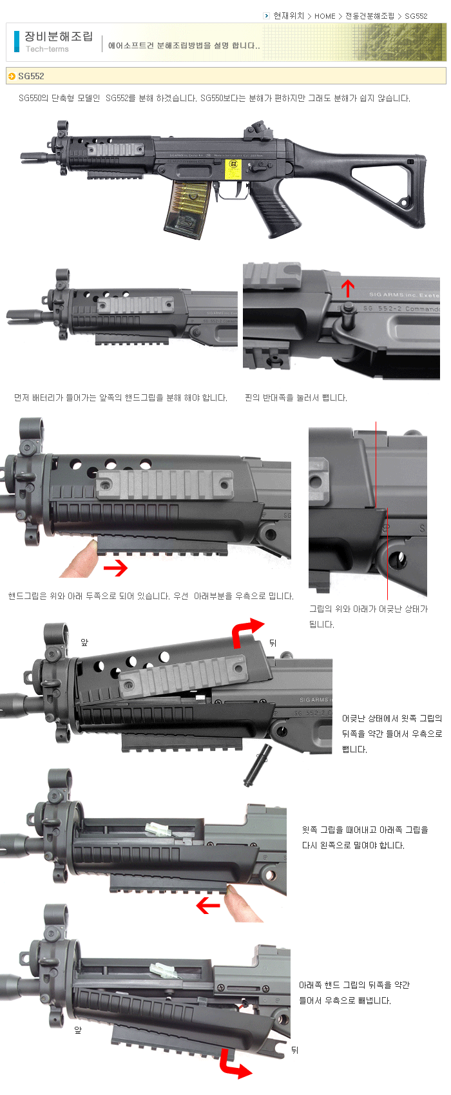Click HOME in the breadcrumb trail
pyautogui.click(x=325, y=16)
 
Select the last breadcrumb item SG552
pyautogui.click(x=416, y=16)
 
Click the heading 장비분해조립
pyautogui.click(x=59, y=36)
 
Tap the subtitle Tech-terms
pyautogui.click(x=47, y=49)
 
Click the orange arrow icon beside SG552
pyautogui.click(x=12, y=76)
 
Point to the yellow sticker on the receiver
pyautogui.click(x=233, y=169)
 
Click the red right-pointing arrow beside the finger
pyautogui.click(x=115, y=567)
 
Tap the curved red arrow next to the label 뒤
pyautogui.click(x=245, y=630)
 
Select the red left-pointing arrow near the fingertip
pyautogui.click(x=208, y=906)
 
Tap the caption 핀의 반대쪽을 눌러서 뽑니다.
pyautogui.click(x=296, y=398)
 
